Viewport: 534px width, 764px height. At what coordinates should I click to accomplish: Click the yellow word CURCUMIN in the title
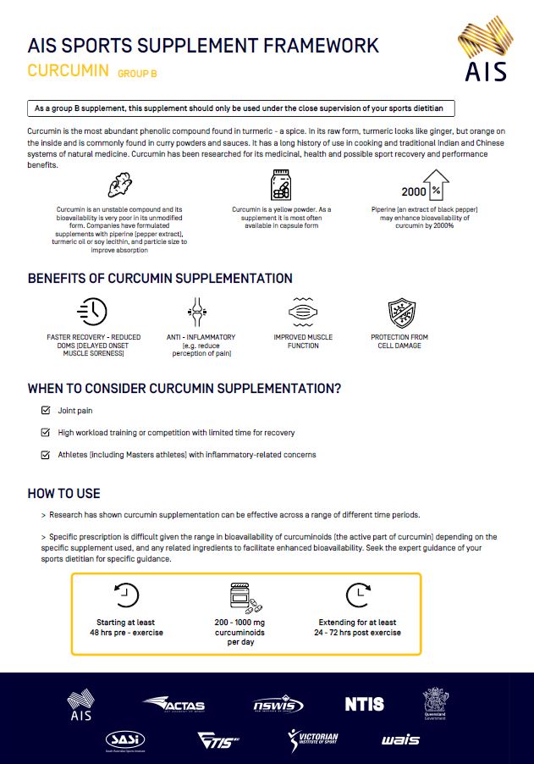tap(68, 70)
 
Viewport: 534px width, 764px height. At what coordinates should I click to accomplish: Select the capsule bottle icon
tap(280, 185)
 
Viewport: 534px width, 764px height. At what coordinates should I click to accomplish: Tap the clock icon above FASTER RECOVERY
tap(91, 312)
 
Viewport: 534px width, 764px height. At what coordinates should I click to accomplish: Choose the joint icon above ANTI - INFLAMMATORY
tap(195, 312)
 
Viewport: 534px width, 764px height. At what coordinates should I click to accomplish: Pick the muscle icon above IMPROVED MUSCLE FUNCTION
tap(302, 312)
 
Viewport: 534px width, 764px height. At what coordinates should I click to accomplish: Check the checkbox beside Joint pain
tap(46, 411)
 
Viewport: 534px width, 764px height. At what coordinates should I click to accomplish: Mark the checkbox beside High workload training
tap(46, 433)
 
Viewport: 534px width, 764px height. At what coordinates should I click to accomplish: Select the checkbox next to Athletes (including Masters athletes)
tap(46, 455)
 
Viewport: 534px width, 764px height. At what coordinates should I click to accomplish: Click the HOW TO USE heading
tap(63, 494)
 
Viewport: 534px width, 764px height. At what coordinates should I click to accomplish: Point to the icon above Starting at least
tap(126, 596)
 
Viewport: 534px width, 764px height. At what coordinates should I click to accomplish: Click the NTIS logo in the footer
tap(364, 704)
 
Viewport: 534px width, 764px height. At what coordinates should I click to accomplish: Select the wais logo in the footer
tap(399, 739)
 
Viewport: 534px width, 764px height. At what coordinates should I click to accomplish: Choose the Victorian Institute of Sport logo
tap(313, 739)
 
